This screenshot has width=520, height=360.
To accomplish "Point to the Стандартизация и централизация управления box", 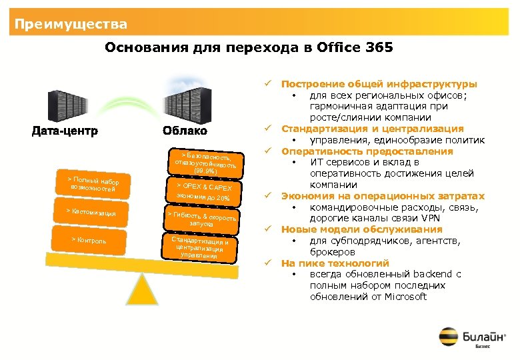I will [x=200, y=246].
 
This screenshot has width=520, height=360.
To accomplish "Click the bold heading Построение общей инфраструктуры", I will [x=379, y=84].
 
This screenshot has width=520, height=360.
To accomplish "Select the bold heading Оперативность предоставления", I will [x=367, y=151].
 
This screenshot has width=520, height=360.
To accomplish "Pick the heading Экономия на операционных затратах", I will [x=383, y=196].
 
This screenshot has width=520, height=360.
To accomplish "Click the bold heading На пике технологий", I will [x=335, y=263].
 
